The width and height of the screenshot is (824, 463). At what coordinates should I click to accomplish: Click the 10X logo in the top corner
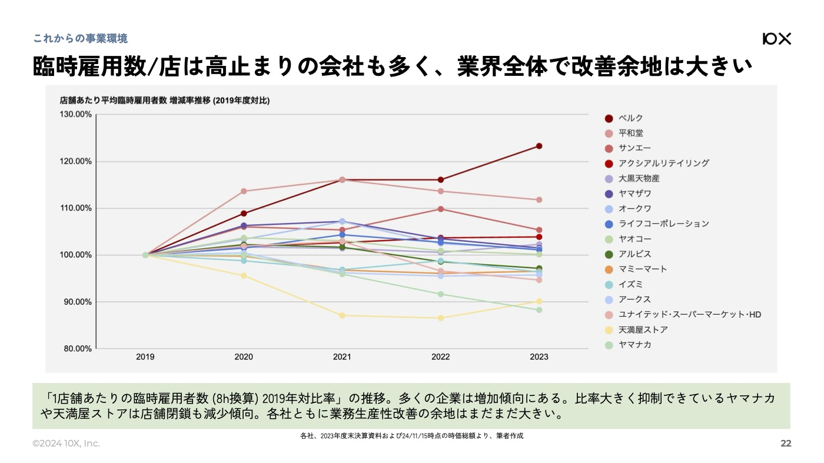[776, 39]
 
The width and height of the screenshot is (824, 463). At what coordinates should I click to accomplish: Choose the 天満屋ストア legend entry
[643, 329]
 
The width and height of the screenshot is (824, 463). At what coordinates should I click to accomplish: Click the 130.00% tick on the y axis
[75, 114]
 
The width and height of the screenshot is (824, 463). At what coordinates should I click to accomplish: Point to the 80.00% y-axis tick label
[77, 348]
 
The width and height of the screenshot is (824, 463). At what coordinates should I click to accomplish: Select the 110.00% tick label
[75, 208]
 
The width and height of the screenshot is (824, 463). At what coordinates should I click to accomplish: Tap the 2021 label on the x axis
[342, 357]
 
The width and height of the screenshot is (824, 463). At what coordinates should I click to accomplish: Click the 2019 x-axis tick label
[145, 357]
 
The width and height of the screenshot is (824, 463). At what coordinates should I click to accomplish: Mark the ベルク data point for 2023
[539, 146]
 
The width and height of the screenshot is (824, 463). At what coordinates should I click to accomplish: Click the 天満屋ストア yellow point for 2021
[342, 315]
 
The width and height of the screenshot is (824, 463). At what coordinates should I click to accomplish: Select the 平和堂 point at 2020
[244, 191]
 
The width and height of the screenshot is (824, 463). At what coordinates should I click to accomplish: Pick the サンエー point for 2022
[440, 209]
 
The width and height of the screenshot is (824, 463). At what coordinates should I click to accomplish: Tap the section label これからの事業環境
[80, 39]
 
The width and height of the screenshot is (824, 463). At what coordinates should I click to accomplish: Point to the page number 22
[786, 444]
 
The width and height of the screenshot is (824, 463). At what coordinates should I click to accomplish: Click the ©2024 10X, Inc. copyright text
[66, 444]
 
